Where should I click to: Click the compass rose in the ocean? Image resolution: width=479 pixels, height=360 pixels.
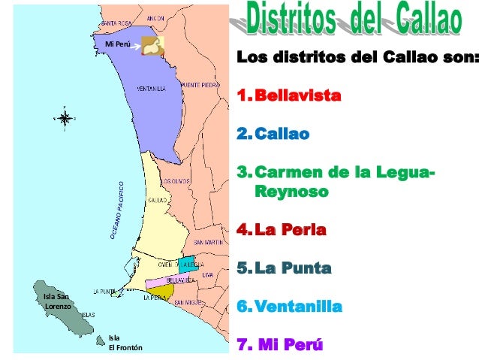(x=65, y=118)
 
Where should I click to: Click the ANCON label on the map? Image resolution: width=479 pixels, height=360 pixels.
(x=155, y=17)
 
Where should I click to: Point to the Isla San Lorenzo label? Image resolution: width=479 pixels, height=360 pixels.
(x=57, y=301)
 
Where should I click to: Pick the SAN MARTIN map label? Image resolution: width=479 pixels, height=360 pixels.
(x=207, y=243)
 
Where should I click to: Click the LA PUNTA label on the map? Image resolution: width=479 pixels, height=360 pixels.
(x=104, y=291)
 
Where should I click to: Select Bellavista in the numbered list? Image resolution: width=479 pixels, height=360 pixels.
(x=297, y=97)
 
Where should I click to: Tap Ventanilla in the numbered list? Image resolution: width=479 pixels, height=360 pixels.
(x=298, y=307)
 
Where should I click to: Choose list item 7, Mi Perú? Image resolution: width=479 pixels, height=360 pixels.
(x=281, y=346)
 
